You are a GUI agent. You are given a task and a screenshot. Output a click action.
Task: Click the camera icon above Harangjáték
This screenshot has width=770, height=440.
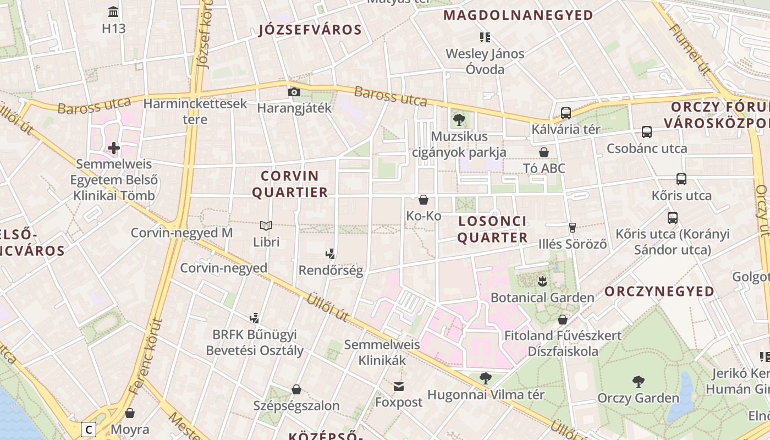click(294, 92)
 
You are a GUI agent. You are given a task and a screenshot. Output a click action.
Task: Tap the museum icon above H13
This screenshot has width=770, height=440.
click(113, 12)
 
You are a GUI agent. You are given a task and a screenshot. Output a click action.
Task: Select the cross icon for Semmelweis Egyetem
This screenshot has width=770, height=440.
click(114, 148)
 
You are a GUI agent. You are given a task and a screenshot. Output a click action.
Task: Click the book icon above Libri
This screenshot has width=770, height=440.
click(266, 226)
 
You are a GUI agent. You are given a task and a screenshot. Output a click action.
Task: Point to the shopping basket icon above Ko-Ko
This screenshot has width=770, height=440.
click(424, 200)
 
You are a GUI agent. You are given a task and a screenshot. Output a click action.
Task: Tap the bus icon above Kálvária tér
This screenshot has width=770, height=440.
click(565, 113)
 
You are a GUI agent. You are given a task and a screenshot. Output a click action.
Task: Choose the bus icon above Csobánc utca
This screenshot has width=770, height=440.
click(646, 132)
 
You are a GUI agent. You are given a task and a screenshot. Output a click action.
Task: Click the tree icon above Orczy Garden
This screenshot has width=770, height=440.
click(638, 381)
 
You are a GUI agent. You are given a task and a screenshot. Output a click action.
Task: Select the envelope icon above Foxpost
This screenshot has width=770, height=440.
click(398, 386)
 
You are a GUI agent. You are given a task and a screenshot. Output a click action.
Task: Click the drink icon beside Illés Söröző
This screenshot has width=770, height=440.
click(572, 227)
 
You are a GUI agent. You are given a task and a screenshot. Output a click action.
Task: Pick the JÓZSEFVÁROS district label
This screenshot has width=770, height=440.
click(310, 30)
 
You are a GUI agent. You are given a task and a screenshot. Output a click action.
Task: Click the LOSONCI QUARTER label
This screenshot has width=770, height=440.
click(492, 229)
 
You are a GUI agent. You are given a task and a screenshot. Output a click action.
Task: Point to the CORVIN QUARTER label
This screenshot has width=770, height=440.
click(294, 184)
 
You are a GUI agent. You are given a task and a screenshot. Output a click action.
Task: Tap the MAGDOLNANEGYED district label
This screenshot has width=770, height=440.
click(518, 15)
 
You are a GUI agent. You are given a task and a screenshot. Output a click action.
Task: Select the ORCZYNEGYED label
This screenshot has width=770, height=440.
click(659, 291)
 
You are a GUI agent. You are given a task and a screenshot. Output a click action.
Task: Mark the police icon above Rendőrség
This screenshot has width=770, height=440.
click(330, 254)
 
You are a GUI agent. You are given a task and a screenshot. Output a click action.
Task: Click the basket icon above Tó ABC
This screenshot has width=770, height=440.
click(543, 152)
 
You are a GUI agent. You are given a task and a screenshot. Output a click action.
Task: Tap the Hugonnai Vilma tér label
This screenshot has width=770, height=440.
click(486, 395)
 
